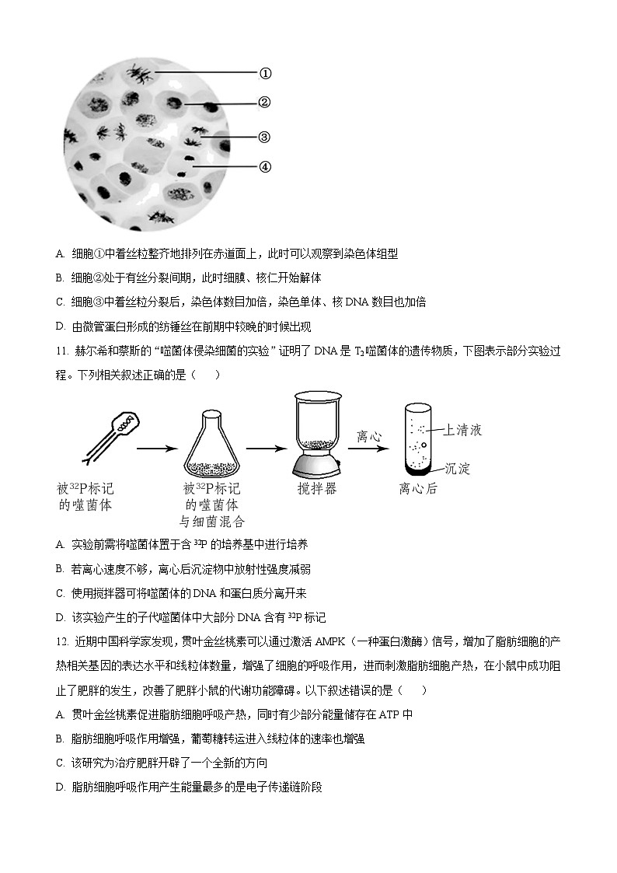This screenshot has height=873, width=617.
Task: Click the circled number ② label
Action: [x=264, y=103]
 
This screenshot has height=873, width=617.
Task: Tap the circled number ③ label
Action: [x=264, y=137]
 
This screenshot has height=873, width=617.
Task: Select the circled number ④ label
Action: [x=264, y=166]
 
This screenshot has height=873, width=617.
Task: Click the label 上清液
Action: [x=463, y=429]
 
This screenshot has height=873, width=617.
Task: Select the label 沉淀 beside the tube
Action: [x=458, y=469]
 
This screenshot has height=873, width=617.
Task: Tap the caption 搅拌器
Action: [x=316, y=489]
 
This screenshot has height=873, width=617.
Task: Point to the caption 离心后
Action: [x=418, y=489]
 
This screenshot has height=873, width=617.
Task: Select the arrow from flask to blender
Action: [x=267, y=449]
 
